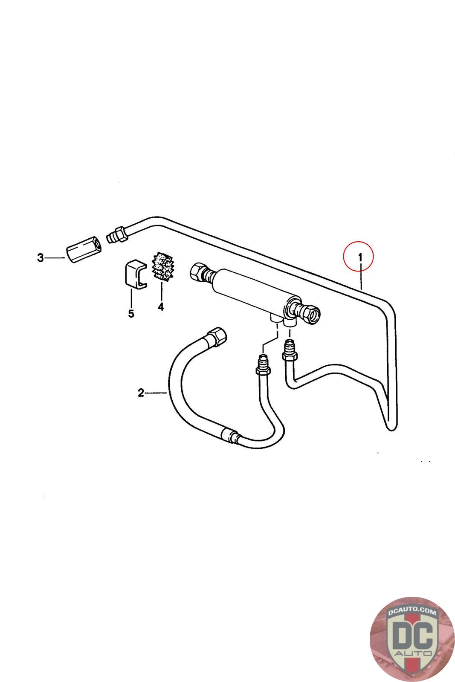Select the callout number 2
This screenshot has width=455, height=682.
pyautogui.click(x=141, y=393)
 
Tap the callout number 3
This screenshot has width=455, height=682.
pyautogui.click(x=41, y=258)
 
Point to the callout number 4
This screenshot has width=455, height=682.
pyautogui.click(x=161, y=306)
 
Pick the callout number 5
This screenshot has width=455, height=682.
pyautogui.click(x=131, y=314)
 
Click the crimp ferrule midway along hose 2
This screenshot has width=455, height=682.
pyautogui.click(x=229, y=436)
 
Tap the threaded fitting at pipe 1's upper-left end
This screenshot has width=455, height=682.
pyautogui.click(x=116, y=234)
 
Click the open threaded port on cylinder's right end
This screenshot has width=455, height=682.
pyautogui.click(x=314, y=315)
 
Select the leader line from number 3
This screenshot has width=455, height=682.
pyautogui.click(x=55, y=258)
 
